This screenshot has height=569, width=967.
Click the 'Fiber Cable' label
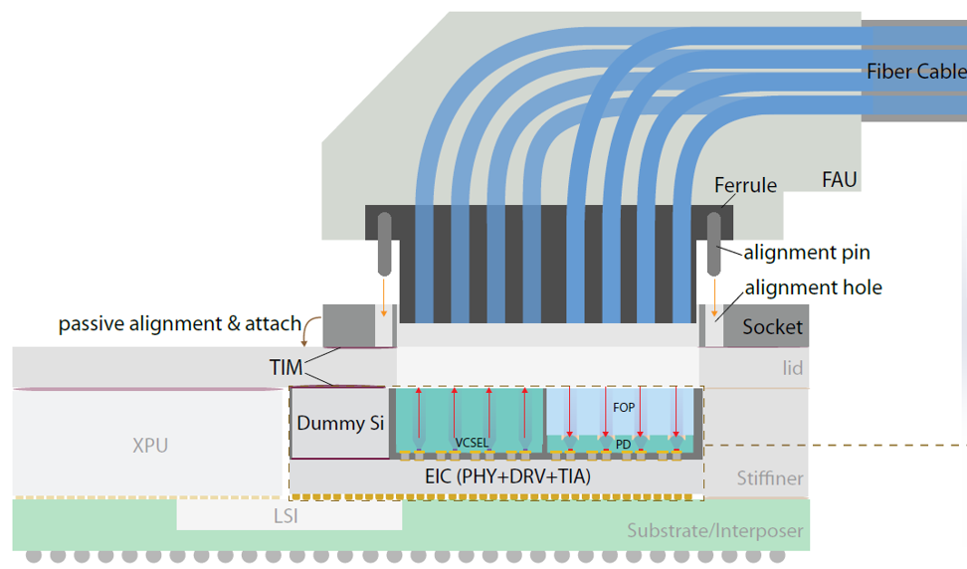click(916, 72)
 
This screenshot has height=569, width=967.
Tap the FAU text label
click(840, 179)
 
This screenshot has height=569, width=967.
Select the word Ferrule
click(745, 185)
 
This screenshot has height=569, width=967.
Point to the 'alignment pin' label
click(807, 253)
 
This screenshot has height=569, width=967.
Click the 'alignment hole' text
click(814, 287)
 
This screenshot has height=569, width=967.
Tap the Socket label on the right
click(772, 326)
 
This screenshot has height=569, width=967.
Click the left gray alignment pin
click(384, 244)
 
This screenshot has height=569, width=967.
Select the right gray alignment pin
click(714, 244)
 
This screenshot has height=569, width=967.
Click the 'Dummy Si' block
click(340, 423)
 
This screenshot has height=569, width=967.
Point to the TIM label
click(287, 367)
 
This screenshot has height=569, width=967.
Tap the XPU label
click(150, 445)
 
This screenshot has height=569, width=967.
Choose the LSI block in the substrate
click(290, 514)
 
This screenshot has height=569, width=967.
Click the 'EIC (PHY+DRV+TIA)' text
click(507, 476)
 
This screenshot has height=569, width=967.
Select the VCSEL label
click(472, 443)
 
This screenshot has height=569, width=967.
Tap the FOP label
click(624, 408)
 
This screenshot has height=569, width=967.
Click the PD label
click(623, 445)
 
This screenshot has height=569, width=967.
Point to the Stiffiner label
click(770, 478)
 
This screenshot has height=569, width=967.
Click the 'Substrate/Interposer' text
click(714, 531)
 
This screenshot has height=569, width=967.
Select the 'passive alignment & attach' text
click(179, 324)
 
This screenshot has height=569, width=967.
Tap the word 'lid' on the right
click(793, 368)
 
